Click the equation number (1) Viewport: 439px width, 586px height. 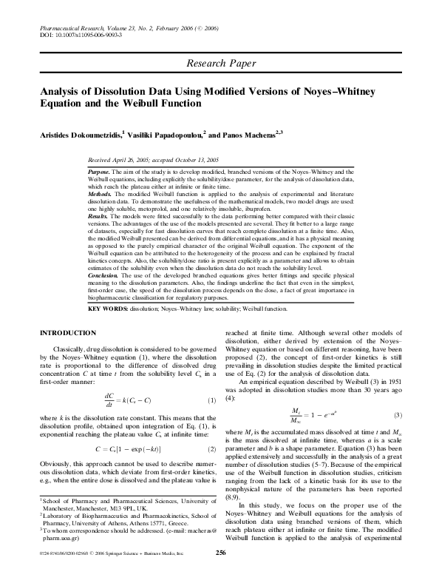(x=210, y=400)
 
